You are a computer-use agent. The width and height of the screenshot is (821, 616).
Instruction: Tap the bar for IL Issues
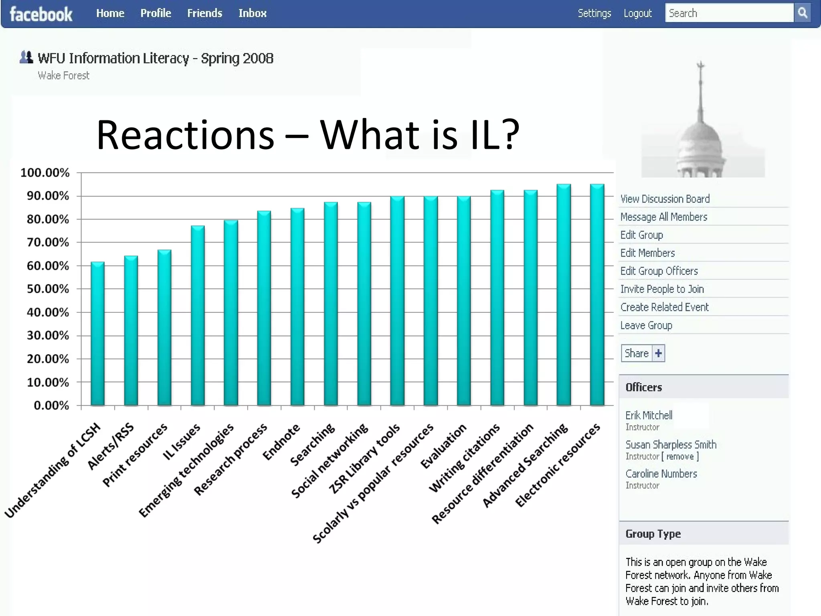(198, 316)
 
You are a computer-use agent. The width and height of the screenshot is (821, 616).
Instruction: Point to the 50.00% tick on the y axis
(48, 289)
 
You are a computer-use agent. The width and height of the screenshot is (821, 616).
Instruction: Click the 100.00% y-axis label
(45, 173)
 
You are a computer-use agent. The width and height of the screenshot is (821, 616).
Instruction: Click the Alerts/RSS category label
(110, 446)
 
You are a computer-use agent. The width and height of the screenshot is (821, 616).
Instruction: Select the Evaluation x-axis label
(443, 446)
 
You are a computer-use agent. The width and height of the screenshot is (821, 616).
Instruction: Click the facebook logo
(41, 14)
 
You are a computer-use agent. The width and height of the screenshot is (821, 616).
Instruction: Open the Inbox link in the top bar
(252, 13)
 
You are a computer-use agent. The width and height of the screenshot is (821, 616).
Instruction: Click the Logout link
(637, 13)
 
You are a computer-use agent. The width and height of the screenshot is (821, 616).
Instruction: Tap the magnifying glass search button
(803, 13)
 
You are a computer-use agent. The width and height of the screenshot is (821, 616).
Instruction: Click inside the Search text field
(729, 13)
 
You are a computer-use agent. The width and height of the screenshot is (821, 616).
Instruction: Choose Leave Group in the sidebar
(646, 325)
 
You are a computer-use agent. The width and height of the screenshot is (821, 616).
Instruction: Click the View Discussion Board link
(665, 199)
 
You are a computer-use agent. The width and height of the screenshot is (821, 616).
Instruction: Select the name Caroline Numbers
(661, 474)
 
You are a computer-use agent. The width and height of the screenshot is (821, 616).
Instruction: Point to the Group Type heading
(653, 534)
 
